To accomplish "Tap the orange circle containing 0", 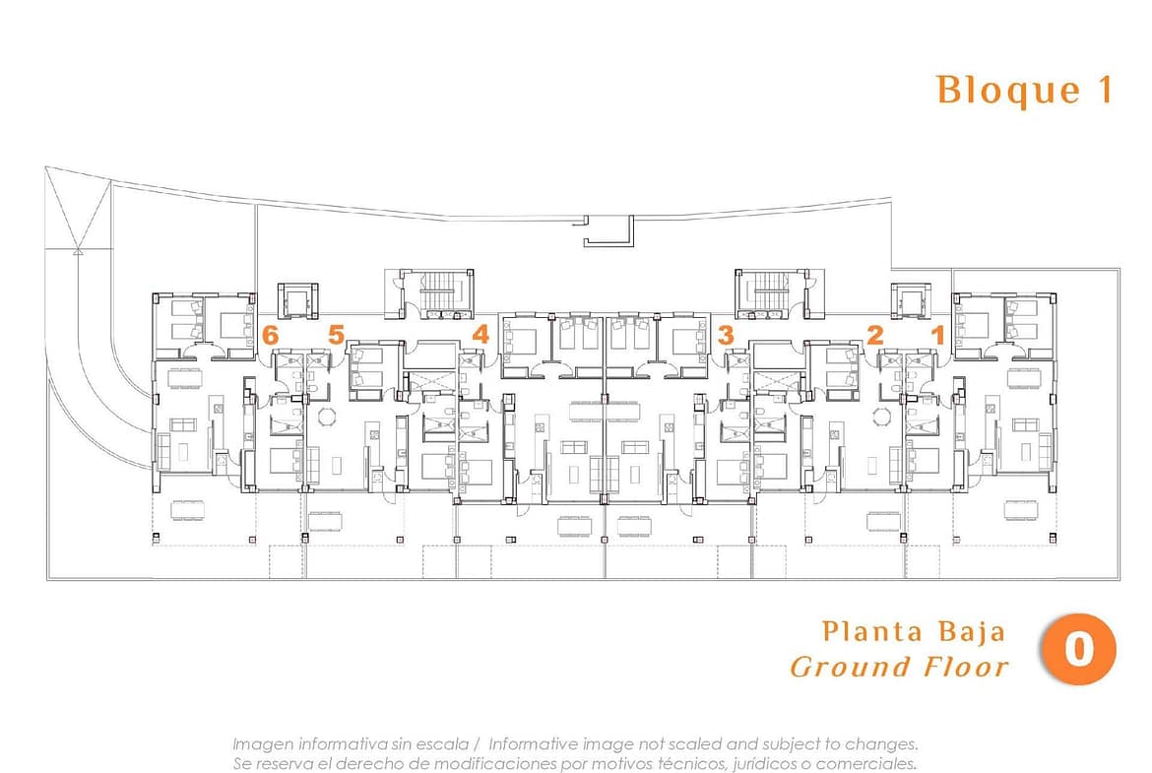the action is click(x=1078, y=649).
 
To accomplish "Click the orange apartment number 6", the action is click(x=271, y=335).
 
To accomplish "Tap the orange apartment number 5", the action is click(x=336, y=335).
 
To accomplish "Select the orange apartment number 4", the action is click(x=480, y=335).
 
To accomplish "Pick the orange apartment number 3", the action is click(x=726, y=335).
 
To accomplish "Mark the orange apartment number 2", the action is click(x=874, y=335).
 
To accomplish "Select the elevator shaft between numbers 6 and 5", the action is click(x=298, y=300).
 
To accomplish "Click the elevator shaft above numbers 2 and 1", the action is click(x=911, y=300).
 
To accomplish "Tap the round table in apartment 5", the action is click(x=326, y=417).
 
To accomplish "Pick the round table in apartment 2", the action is click(x=881, y=417).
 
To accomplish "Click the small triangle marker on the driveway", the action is click(x=77, y=251).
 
